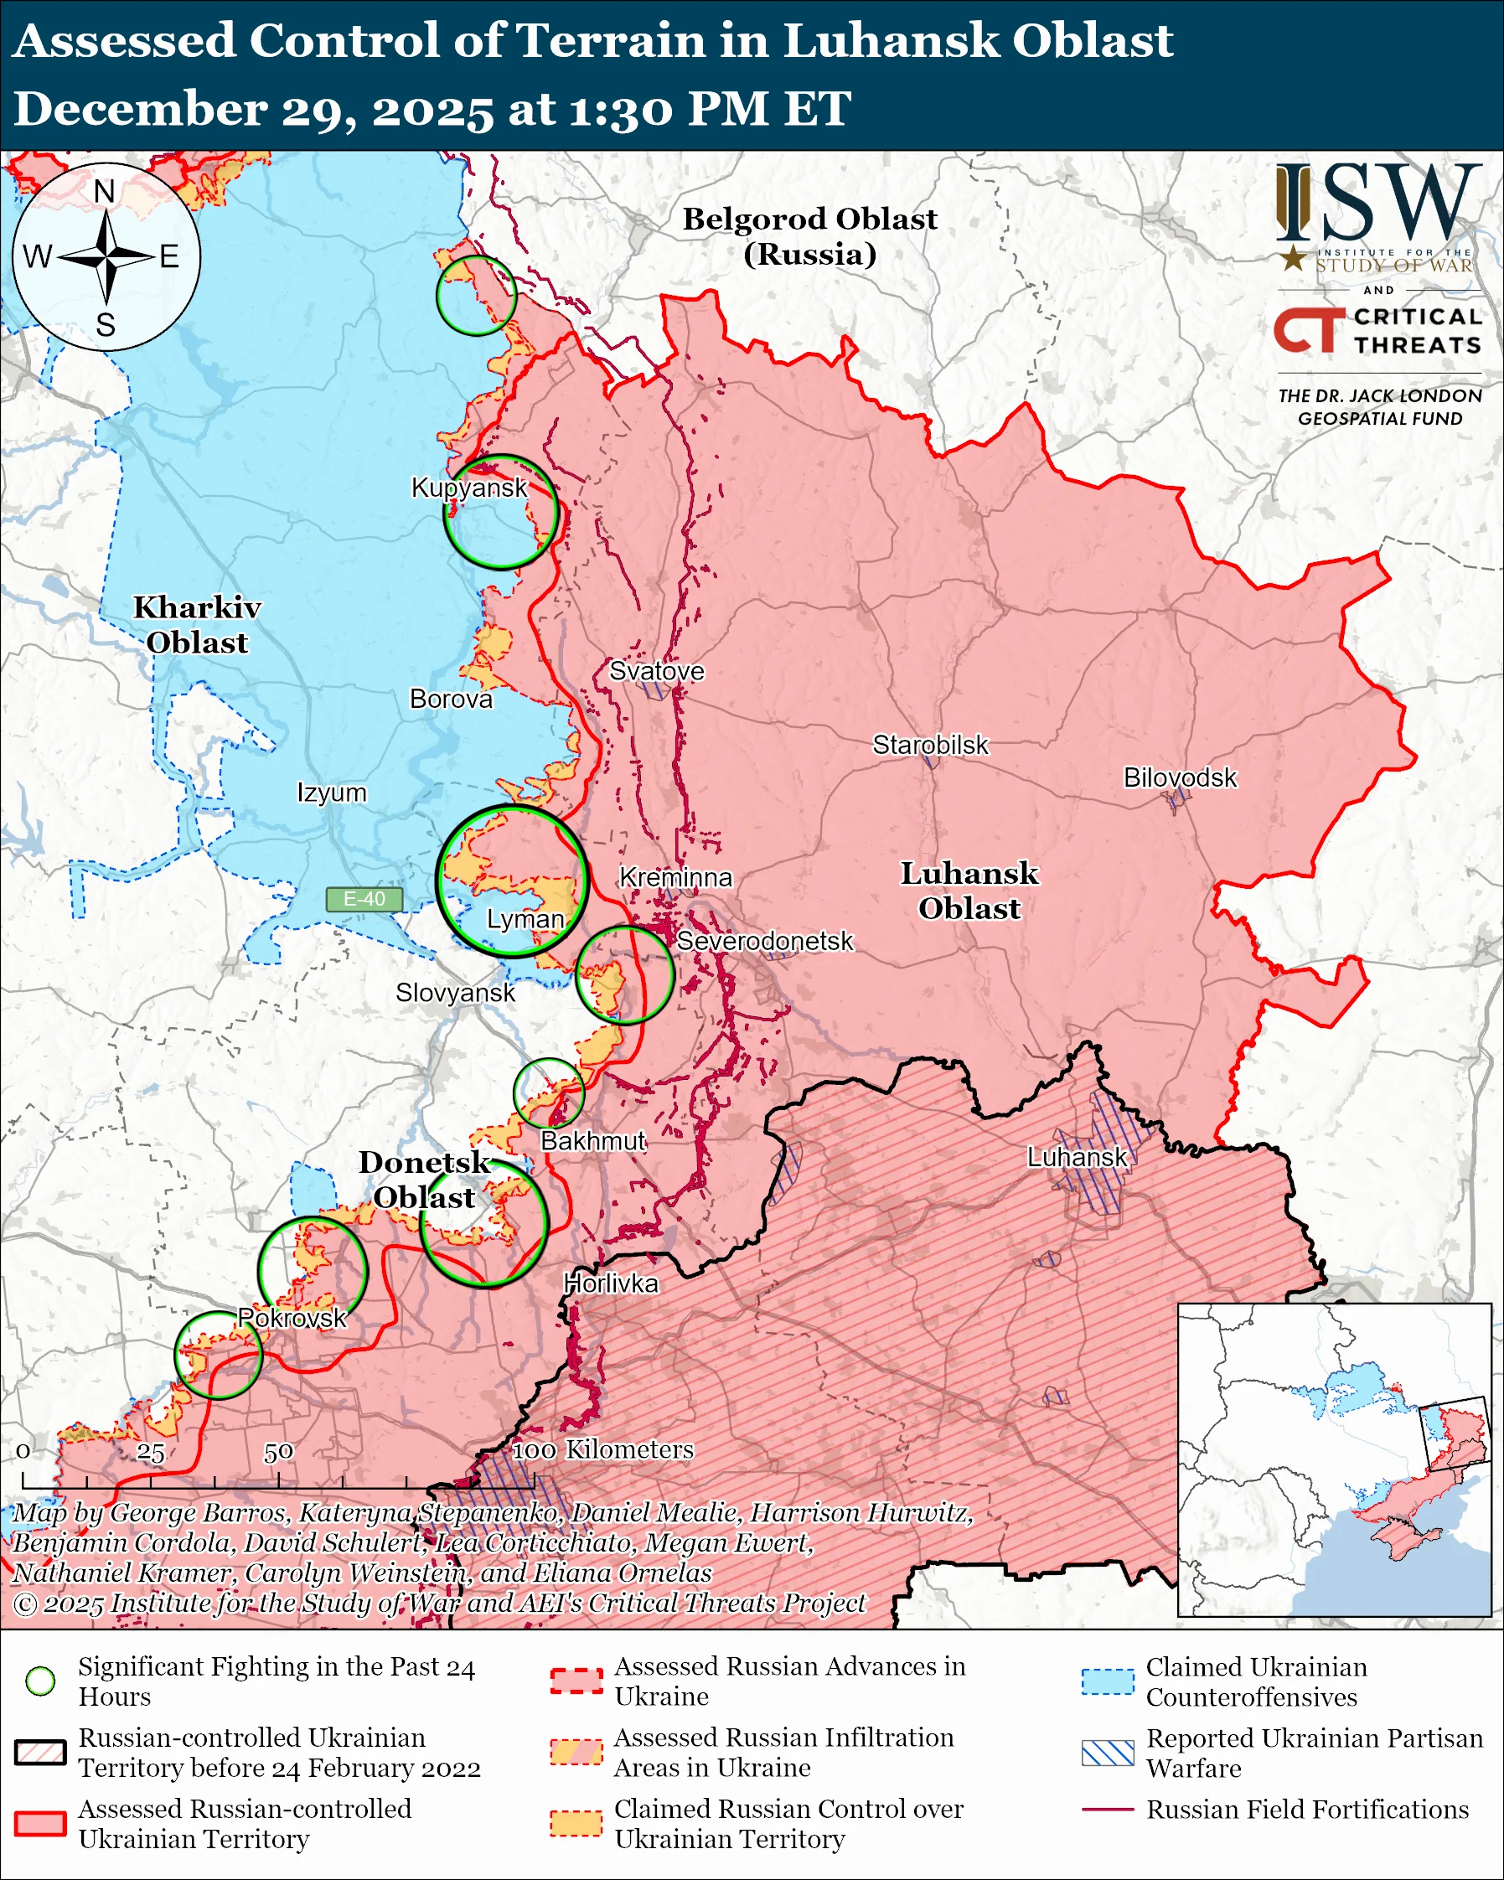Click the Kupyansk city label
[x=469, y=488]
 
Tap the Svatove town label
[x=657, y=670]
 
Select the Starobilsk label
[x=930, y=745]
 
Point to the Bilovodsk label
[x=1180, y=777]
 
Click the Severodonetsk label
[x=765, y=941]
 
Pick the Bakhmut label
[x=593, y=1140]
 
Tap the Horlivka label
[x=610, y=1283]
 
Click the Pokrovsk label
[x=293, y=1318]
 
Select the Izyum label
[x=331, y=793]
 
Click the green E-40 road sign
[x=364, y=899]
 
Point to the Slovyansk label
[x=455, y=992]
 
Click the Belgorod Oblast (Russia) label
[x=809, y=236]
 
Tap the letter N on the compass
[x=105, y=191]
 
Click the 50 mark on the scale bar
[x=278, y=1452]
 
